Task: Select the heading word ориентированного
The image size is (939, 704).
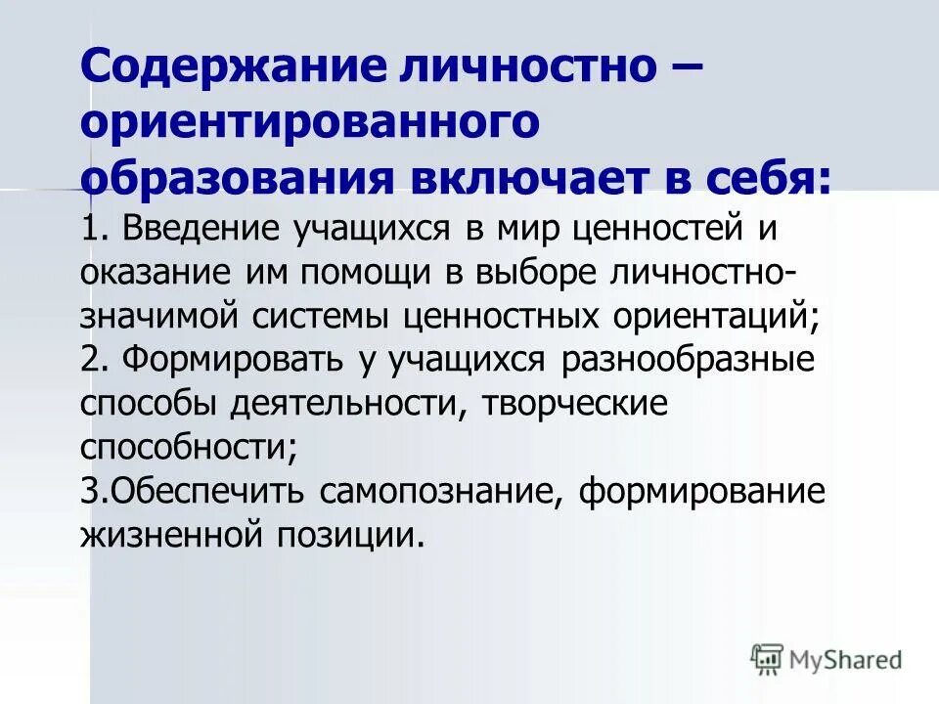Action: tap(311, 123)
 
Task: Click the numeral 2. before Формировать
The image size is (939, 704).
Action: tap(94, 360)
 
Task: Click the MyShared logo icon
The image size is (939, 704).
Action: tap(767, 659)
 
